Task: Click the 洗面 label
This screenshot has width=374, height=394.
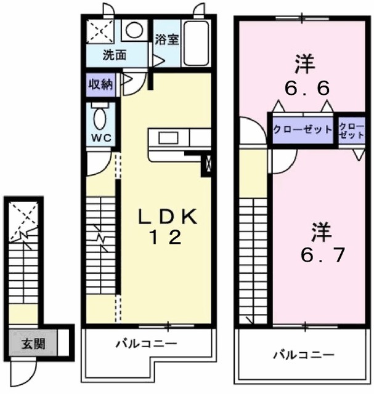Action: (x=114, y=55)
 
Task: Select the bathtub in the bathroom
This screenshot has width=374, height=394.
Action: (x=197, y=42)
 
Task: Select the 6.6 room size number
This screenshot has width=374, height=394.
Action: (x=306, y=89)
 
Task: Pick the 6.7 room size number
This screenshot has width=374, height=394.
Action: (x=322, y=254)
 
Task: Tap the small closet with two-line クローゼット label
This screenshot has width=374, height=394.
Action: (x=351, y=131)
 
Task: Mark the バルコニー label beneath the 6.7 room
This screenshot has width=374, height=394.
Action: (x=304, y=355)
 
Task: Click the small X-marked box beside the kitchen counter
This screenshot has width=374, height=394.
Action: (x=208, y=164)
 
